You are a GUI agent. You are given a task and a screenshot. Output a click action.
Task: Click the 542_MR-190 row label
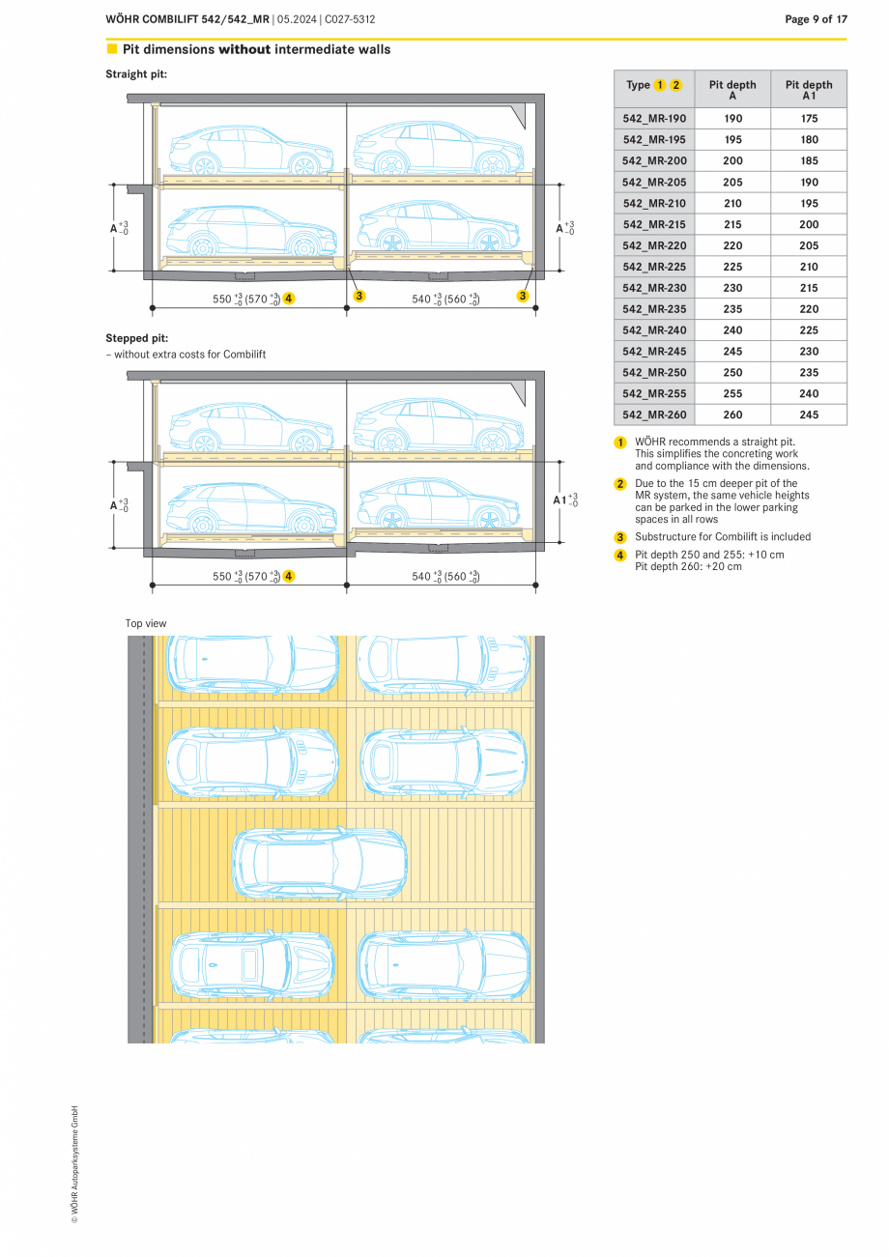(654, 119)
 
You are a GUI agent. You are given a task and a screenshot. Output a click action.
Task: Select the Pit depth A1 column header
(809, 90)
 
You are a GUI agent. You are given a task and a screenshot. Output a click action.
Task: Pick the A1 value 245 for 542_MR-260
(809, 415)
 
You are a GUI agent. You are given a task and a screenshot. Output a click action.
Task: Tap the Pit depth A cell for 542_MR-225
(732, 267)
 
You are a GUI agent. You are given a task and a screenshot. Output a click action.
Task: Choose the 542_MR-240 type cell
(654, 330)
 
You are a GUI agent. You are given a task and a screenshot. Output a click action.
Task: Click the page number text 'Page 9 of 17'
(816, 19)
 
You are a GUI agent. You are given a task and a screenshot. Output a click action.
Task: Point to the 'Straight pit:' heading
(136, 74)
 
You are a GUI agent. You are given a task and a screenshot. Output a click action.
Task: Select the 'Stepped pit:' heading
(136, 338)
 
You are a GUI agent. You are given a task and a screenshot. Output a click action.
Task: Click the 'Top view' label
(146, 624)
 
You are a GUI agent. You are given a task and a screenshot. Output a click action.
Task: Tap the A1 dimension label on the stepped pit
(560, 500)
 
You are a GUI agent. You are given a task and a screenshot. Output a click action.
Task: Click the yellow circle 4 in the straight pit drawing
(289, 299)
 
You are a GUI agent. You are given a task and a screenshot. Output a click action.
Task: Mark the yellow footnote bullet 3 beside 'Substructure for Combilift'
(621, 537)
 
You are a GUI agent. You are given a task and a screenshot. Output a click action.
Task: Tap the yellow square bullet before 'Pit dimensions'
(112, 49)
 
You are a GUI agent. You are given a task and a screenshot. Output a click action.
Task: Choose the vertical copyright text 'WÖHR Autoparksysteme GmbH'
(75, 1164)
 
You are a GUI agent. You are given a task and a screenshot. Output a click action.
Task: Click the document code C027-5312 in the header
(351, 19)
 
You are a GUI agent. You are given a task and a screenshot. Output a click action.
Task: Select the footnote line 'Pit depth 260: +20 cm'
(688, 566)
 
